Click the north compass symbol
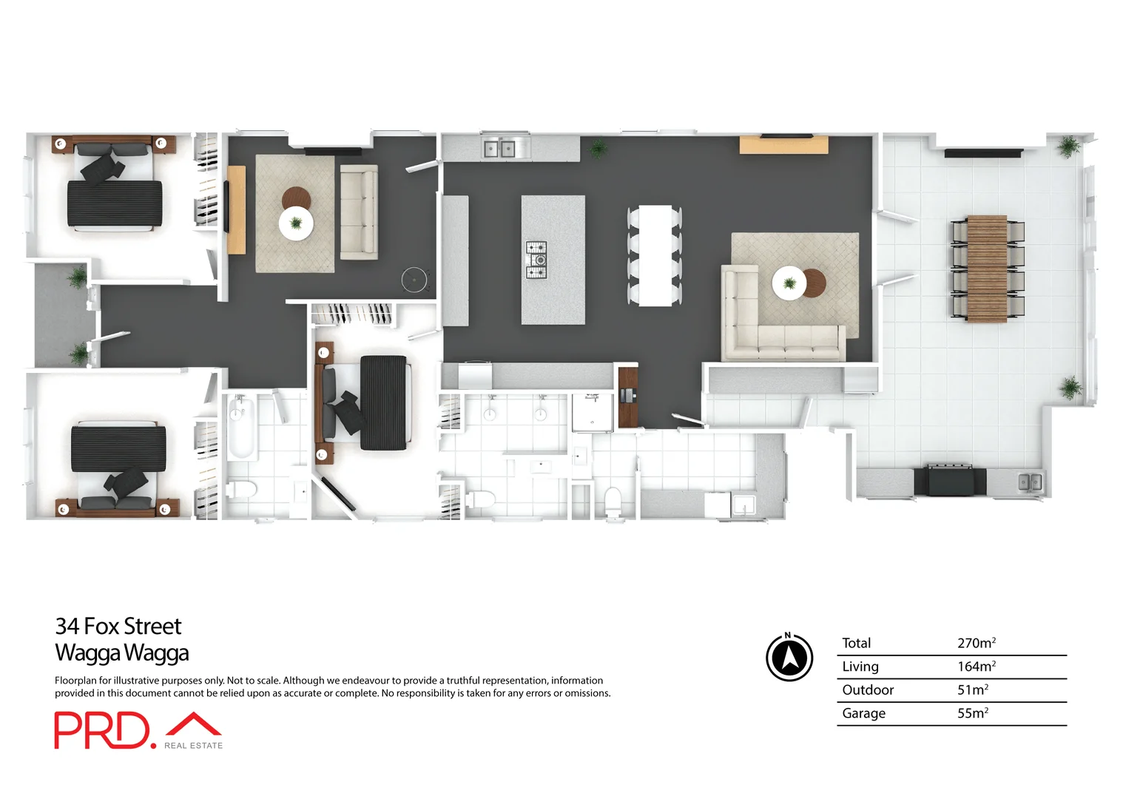coord(789,656)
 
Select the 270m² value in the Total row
coord(976,643)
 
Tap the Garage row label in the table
coord(863,713)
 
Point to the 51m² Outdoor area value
coord(972,690)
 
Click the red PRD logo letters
coord(101,731)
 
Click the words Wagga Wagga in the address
coord(122,653)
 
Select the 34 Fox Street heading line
coord(118,627)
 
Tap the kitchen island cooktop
coord(536,260)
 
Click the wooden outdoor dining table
coord(987,269)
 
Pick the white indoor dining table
coord(655,256)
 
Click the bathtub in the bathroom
coord(241,428)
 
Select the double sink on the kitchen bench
coord(499,149)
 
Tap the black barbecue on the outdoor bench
coord(950,479)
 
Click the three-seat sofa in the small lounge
coord(359,212)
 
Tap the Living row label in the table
coord(860,667)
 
